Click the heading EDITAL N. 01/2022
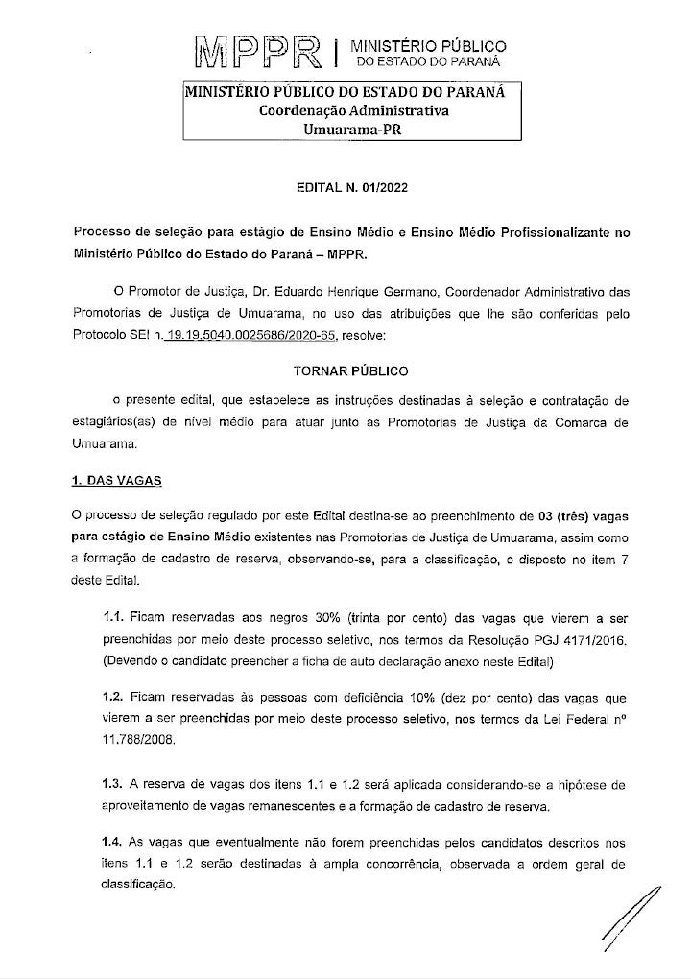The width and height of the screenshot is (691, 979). click(x=352, y=188)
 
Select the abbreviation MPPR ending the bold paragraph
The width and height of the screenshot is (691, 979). click(x=334, y=254)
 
